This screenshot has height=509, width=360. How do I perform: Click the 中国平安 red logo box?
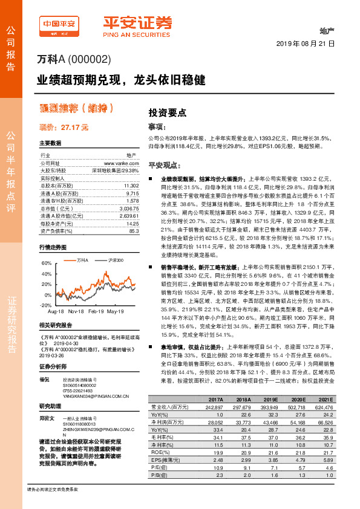(x=59, y=24)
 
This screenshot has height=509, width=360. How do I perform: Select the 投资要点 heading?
(x=168, y=113)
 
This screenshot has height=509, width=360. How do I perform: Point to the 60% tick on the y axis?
(x=47, y=264)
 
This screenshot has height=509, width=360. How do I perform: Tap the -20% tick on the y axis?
(x=46, y=305)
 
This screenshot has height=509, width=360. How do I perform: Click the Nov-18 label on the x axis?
(x=76, y=311)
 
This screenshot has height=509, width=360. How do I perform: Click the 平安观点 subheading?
(x=165, y=165)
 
